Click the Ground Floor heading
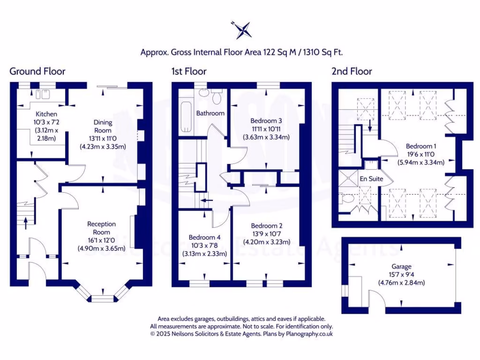(x=37, y=72)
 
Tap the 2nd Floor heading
(x=352, y=72)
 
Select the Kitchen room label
(x=46, y=114)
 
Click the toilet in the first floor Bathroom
(x=217, y=97)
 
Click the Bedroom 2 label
(x=266, y=225)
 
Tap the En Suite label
(x=371, y=179)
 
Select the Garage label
(x=401, y=266)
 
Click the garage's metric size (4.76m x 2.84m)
(x=401, y=283)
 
